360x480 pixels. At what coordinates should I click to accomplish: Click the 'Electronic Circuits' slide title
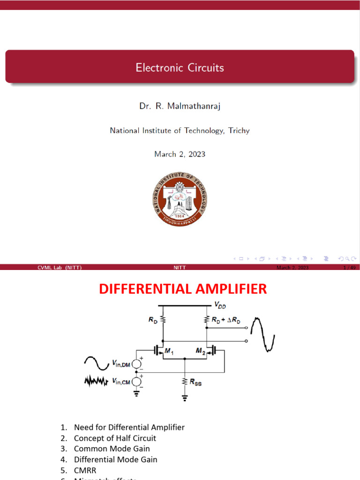click(x=180, y=67)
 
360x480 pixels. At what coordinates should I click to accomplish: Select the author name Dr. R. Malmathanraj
click(x=180, y=106)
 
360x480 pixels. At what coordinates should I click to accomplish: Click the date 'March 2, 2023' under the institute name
click(x=180, y=154)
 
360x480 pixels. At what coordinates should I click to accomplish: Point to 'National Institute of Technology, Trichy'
click(x=180, y=131)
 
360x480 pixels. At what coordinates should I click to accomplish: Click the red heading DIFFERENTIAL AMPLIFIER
click(x=183, y=289)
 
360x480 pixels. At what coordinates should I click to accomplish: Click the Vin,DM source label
click(x=120, y=363)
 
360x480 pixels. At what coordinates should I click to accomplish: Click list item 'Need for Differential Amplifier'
click(x=129, y=427)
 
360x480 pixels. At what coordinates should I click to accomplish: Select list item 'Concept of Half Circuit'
click(x=115, y=438)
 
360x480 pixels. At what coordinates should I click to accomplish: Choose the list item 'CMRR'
click(x=85, y=470)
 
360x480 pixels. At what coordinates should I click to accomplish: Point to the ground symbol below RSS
click(x=185, y=399)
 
